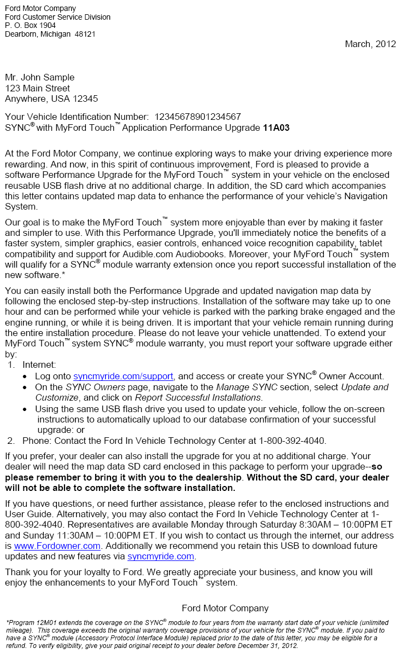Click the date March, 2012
tap(370, 44)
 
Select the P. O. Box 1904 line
tap(30, 25)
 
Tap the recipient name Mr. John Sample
tap(39, 77)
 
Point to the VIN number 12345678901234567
tap(197, 117)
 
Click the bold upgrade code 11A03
tap(276, 128)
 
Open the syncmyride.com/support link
tap(123, 376)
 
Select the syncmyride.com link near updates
tap(161, 557)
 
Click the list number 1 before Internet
tap(11, 364)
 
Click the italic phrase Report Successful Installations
tap(198, 397)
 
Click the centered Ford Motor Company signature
tap(225, 608)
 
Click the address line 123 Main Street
tap(37, 88)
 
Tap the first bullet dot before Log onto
tap(26, 377)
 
